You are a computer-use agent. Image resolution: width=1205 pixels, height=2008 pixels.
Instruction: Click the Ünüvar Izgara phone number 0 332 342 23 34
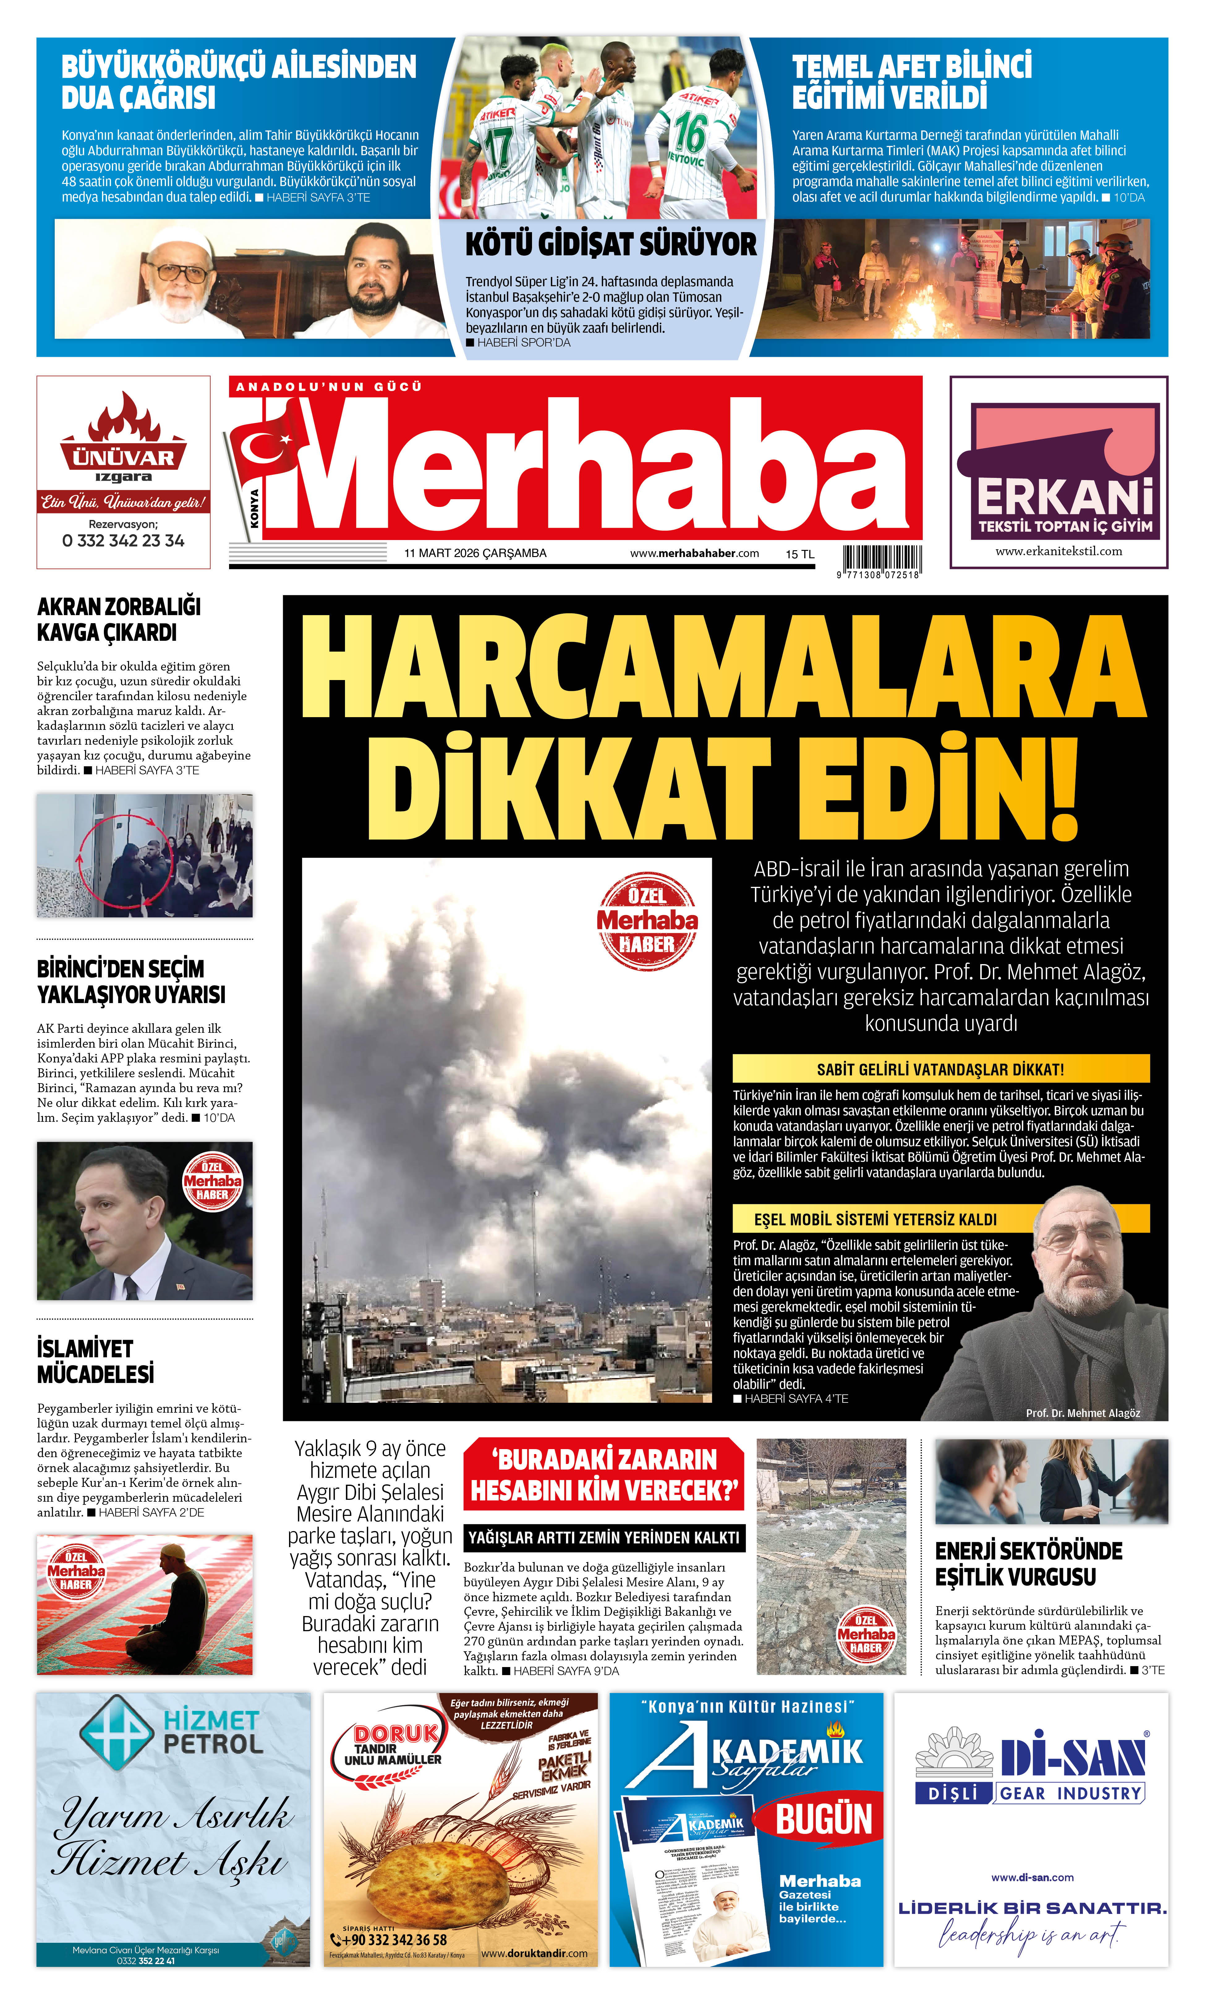click(x=123, y=541)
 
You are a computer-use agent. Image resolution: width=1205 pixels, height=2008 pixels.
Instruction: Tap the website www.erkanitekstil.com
click(x=1059, y=551)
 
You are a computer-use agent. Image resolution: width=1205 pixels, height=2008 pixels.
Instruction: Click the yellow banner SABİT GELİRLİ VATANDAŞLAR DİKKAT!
click(x=940, y=1069)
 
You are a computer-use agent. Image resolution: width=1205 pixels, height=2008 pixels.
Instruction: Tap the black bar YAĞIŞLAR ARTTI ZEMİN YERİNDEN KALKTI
click(x=603, y=1537)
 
